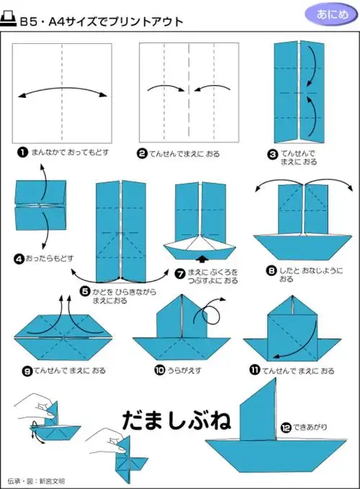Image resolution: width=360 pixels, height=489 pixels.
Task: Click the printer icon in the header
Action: (9, 22)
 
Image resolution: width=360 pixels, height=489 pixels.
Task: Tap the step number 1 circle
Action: (23, 153)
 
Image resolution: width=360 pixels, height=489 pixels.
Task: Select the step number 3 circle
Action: (273, 153)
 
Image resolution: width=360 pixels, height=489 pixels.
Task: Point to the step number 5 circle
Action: (85, 292)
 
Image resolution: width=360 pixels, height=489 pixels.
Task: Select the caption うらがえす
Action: (189, 370)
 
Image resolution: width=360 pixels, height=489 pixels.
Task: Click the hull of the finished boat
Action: (268, 454)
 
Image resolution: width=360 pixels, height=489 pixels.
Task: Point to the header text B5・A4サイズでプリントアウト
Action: (101, 22)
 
